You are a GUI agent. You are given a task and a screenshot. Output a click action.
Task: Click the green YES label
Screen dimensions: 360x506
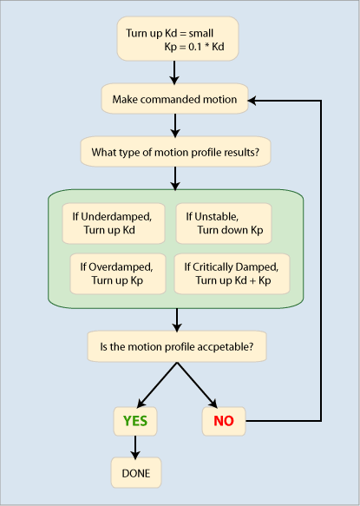135,421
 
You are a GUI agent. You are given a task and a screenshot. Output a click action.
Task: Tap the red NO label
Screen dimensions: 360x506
224,421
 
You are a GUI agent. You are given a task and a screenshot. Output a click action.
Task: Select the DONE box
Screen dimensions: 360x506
136,473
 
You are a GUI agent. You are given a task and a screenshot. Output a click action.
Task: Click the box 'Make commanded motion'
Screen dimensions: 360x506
174,99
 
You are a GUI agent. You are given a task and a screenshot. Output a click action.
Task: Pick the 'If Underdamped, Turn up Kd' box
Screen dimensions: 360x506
114,223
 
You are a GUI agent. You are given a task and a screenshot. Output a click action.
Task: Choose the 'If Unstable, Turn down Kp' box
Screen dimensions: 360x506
224,223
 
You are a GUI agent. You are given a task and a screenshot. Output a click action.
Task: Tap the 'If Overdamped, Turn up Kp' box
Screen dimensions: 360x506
118,273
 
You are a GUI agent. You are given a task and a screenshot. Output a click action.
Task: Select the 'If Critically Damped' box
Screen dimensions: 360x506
232,273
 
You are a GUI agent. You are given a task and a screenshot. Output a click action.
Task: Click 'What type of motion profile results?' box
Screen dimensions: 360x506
175,152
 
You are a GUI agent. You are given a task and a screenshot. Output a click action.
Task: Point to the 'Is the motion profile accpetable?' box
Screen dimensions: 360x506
177,346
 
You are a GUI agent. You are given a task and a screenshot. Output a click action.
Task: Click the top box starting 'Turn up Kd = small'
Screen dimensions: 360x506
178,39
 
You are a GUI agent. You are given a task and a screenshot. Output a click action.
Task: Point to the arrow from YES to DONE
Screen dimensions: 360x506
135,447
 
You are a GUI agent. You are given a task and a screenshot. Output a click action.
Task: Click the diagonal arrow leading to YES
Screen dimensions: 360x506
157,385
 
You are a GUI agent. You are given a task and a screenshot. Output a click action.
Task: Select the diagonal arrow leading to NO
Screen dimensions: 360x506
197,385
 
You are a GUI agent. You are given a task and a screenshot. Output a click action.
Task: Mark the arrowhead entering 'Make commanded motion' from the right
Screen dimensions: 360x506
252,101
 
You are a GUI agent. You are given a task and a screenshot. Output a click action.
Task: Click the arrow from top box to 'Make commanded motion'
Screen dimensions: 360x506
174,73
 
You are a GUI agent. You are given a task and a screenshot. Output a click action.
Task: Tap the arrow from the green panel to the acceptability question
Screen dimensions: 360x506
176,320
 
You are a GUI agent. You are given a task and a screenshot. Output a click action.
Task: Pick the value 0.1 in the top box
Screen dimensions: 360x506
195,47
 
